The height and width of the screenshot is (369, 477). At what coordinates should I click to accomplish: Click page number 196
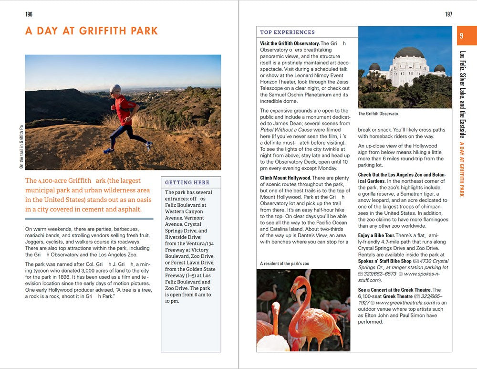click(29, 14)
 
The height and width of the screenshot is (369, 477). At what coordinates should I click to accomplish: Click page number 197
click(448, 14)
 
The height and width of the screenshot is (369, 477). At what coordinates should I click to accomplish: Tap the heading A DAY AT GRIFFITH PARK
click(92, 32)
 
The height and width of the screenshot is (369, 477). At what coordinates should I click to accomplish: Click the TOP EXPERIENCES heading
click(287, 32)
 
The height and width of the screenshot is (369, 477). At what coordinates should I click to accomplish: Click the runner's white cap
click(115, 88)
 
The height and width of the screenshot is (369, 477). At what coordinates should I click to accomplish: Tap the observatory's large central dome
click(409, 52)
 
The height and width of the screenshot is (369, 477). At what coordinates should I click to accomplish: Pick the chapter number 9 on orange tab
click(461, 36)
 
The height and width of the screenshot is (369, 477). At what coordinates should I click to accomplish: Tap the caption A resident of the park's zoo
click(285, 264)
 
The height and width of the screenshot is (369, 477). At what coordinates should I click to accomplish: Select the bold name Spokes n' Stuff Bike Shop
click(385, 261)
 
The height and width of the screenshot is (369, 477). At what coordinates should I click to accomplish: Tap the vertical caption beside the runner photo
click(21, 147)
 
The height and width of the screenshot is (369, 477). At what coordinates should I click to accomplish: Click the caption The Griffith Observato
click(378, 114)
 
